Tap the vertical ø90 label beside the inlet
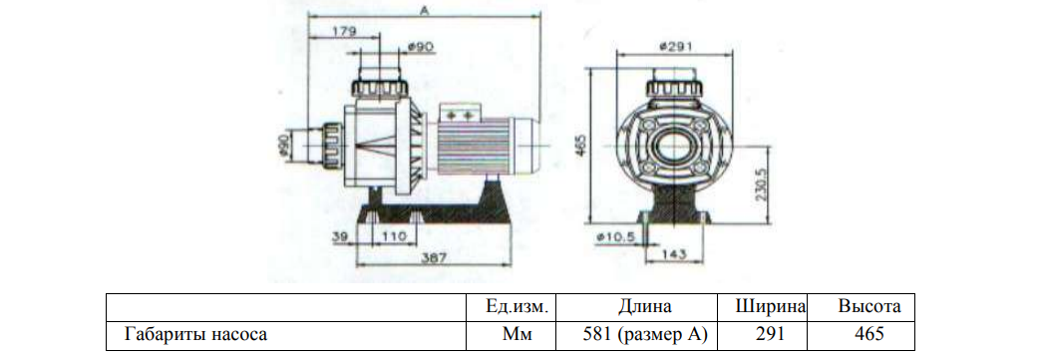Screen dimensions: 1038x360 click(284, 145)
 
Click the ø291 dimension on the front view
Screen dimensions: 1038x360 click(675, 46)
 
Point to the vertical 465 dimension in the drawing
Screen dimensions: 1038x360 click(582, 146)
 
